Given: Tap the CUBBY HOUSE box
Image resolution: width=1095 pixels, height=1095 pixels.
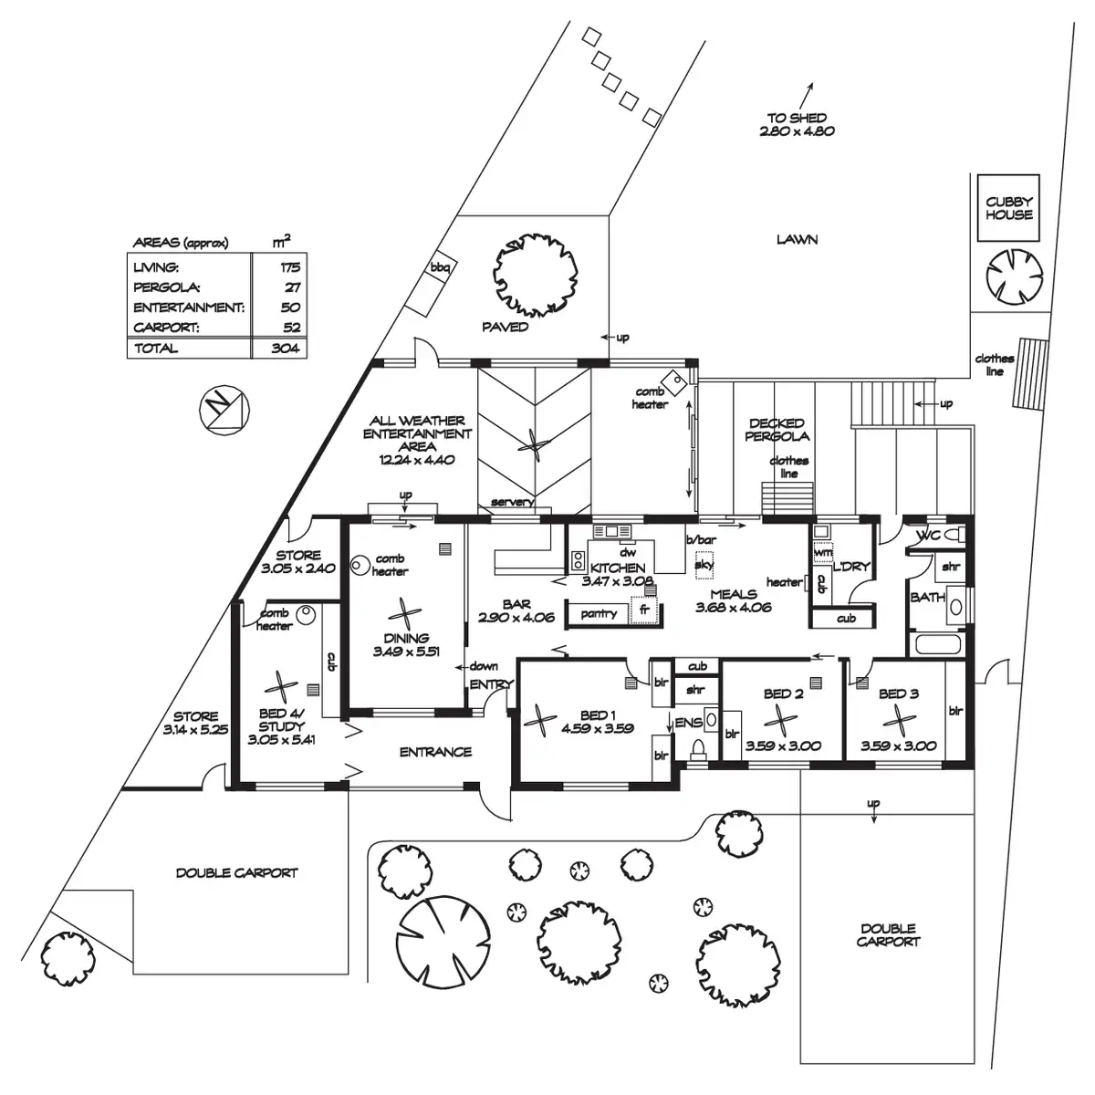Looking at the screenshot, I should [1008, 208].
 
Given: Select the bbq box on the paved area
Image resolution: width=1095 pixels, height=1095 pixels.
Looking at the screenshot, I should [442, 267].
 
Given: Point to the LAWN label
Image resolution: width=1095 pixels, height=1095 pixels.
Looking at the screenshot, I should [797, 240].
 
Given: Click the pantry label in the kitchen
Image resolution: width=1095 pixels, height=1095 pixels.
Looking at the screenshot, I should [599, 614].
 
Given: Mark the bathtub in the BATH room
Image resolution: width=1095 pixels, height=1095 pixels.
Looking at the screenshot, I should [937, 646].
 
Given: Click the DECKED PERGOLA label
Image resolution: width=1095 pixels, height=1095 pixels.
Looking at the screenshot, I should [777, 429].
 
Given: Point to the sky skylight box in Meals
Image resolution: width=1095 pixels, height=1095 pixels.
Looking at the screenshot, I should [704, 565].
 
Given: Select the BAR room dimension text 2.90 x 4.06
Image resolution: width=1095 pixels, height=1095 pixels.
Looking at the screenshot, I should [516, 618].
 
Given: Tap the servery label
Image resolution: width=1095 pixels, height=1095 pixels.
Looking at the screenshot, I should [511, 503].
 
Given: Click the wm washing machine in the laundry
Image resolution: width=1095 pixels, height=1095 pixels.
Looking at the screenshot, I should [822, 553].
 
